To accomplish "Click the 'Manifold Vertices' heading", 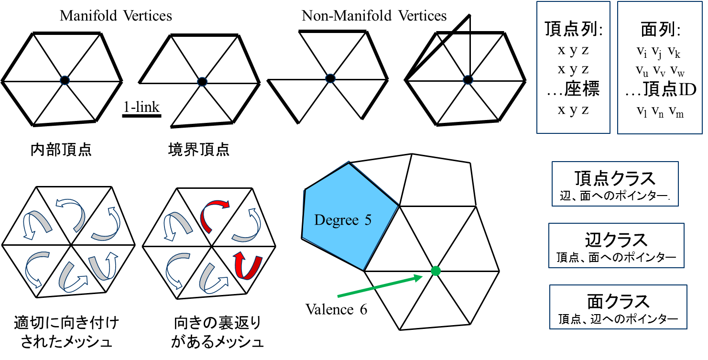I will click(x=116, y=16).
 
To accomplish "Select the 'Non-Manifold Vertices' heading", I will click(x=374, y=16).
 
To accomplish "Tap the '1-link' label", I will click(x=141, y=107).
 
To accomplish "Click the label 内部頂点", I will click(x=60, y=150).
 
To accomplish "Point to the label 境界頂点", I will click(x=199, y=150).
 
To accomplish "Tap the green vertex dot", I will click(x=435, y=271).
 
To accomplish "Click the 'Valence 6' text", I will click(x=337, y=310).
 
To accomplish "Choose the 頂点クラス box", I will click(x=615, y=184).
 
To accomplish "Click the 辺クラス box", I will click(x=616, y=246).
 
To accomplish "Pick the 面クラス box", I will click(x=618, y=306).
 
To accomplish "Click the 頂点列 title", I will click(x=574, y=30).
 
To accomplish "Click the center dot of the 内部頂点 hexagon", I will click(x=65, y=80).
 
